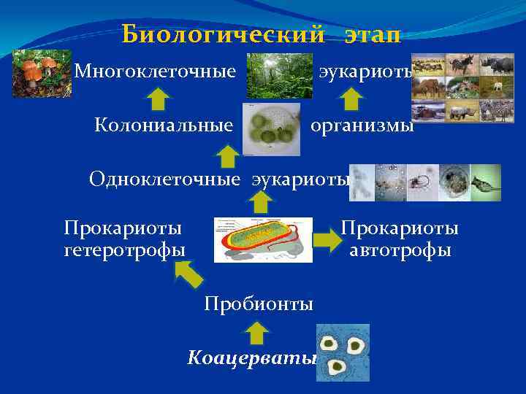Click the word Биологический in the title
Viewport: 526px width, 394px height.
[x=222, y=34]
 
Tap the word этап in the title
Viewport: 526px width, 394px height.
[x=369, y=34]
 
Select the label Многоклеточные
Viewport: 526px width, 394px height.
[x=155, y=72]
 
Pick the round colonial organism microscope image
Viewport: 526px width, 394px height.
[x=270, y=129]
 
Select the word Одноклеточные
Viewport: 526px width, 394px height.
[x=164, y=179]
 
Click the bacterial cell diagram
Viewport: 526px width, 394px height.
[x=263, y=239]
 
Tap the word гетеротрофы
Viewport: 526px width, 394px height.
[x=124, y=250]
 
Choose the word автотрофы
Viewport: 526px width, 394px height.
[x=400, y=250]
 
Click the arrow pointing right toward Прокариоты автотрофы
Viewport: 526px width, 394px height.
[x=325, y=239]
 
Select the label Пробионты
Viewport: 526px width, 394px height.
[x=259, y=303]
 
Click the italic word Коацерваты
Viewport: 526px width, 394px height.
[x=251, y=358]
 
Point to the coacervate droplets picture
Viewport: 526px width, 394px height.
[x=343, y=352]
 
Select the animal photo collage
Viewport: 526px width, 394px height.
[x=462, y=88]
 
